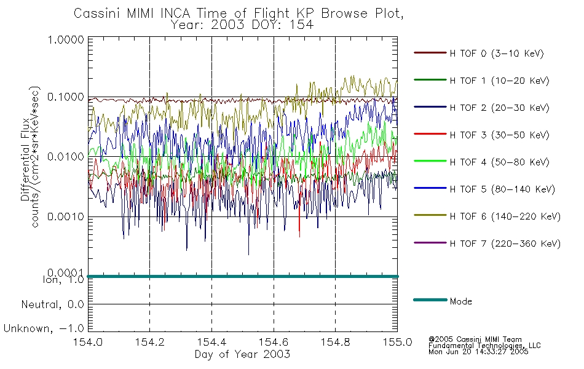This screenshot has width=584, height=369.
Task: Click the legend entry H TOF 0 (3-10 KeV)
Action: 497,54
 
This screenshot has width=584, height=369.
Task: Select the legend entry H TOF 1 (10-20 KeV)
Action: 499,81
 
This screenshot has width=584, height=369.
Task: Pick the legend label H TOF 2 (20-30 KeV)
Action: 499,108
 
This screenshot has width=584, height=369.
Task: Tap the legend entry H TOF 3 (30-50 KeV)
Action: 499,135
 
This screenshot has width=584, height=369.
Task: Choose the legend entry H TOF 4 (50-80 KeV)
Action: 499,162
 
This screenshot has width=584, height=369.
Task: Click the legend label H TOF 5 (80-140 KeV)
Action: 502,189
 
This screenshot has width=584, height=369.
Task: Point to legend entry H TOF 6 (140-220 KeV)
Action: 505,216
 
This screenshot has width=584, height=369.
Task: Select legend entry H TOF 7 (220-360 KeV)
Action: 505,244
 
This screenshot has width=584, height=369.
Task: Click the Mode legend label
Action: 460,301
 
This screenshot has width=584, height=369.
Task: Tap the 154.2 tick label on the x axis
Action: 150,342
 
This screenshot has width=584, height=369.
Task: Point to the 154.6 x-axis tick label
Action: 274,342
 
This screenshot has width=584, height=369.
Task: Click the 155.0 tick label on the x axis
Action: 397,342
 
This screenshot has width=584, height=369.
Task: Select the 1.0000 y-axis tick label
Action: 66,39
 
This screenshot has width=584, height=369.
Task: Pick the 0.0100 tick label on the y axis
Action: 66,157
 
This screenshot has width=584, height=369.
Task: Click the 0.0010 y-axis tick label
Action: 66,216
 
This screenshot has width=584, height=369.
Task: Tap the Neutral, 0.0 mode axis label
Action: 52,304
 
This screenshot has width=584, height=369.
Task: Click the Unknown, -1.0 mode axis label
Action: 44,328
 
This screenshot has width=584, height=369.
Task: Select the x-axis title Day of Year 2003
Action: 242,354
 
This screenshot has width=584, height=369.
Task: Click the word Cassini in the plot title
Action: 98,14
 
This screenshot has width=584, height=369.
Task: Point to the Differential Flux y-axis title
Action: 25,159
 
